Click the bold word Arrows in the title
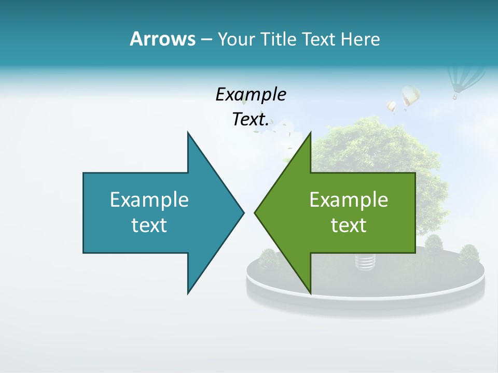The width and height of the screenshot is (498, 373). click(162, 39)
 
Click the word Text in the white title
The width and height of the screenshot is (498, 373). click(319, 39)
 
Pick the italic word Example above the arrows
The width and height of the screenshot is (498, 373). click(251, 95)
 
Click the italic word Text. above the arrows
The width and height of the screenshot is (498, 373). click(251, 120)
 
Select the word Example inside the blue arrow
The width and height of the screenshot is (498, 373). click(149, 200)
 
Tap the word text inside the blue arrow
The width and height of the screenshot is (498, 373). click(149, 225)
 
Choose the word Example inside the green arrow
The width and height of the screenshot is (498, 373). click(349, 200)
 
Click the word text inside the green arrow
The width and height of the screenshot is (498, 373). click(349, 225)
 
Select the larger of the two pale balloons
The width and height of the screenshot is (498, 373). click(410, 96)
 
